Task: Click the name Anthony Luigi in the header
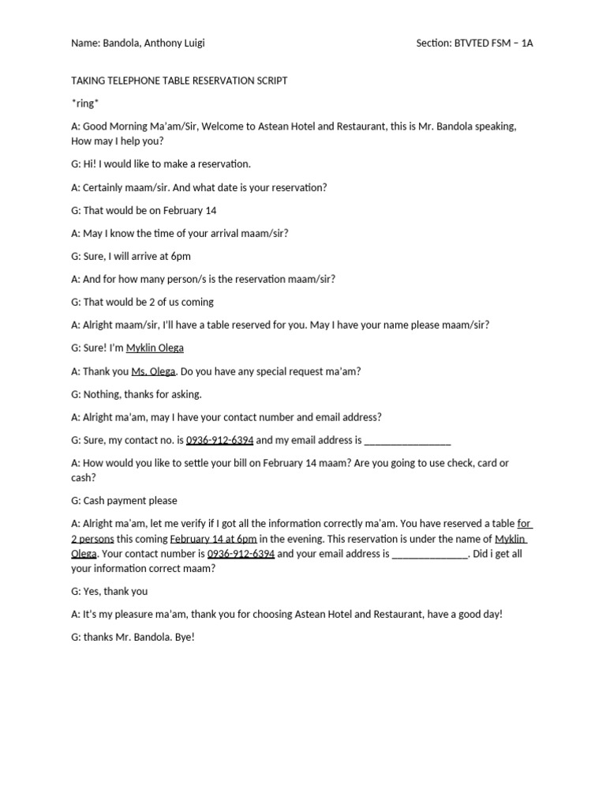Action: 174,43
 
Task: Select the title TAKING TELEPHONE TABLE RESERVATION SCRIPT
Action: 179,81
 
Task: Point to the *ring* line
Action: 85,103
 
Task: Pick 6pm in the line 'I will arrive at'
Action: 181,256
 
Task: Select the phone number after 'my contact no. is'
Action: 220,439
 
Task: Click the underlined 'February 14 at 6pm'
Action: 213,538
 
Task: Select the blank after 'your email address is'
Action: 430,554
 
